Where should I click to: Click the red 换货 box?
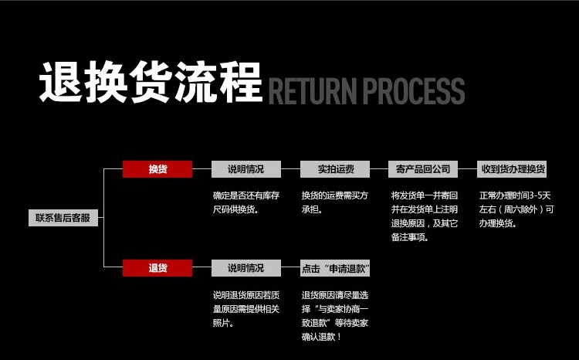pos(157,168)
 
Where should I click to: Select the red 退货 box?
pos(157,268)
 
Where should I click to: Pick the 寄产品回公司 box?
pos(422,168)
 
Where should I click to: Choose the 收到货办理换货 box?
pos(513,168)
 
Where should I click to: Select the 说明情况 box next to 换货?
pos(245,168)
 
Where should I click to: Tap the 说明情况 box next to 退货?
pos(245,268)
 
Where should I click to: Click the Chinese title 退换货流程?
pos(151,83)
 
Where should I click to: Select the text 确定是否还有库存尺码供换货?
pos(245,202)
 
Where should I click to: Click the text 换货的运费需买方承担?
pos(334,202)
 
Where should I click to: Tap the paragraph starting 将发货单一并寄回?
pos(424,216)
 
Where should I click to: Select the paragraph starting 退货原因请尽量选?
pos(334,316)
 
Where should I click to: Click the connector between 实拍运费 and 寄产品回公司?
pos(379,168)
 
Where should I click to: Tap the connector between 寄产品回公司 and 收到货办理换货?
pos(467,168)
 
